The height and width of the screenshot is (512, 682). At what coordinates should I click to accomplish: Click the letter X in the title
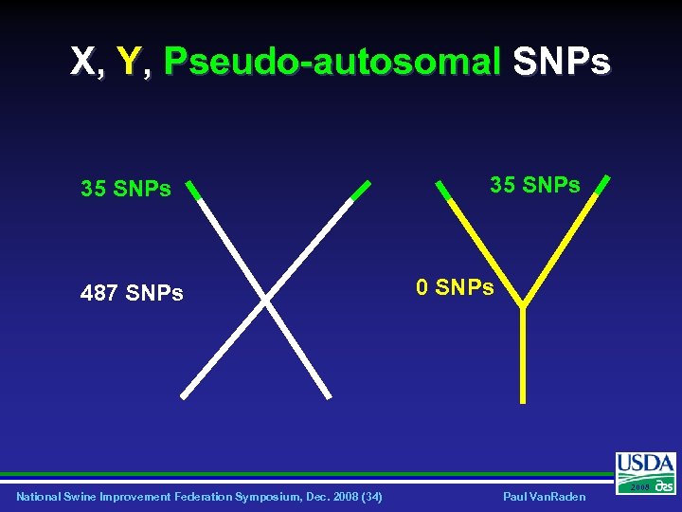click(x=82, y=63)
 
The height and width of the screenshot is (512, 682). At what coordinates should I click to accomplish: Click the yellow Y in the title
click(x=128, y=63)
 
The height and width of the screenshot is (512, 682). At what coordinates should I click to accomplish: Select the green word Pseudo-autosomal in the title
click(x=332, y=64)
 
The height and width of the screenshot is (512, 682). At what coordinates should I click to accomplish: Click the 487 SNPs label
click(x=132, y=293)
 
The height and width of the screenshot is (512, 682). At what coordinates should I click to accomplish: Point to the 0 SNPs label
click(x=456, y=286)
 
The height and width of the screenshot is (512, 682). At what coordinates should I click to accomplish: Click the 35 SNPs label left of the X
click(x=126, y=189)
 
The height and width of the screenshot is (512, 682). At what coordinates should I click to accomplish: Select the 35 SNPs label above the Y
click(x=534, y=185)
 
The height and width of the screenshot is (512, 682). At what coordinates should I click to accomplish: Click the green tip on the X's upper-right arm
click(x=361, y=191)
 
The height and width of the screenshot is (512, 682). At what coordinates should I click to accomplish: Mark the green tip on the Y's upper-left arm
click(x=443, y=189)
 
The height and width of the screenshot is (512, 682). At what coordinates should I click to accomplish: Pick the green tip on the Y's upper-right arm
click(x=599, y=186)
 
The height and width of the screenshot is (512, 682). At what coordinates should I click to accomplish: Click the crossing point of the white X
click(x=265, y=301)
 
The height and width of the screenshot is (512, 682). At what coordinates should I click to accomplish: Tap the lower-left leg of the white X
click(x=221, y=351)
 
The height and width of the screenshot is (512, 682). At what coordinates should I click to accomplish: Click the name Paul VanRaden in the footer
click(x=544, y=497)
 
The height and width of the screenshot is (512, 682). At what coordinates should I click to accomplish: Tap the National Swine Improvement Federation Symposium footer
click(x=199, y=497)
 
